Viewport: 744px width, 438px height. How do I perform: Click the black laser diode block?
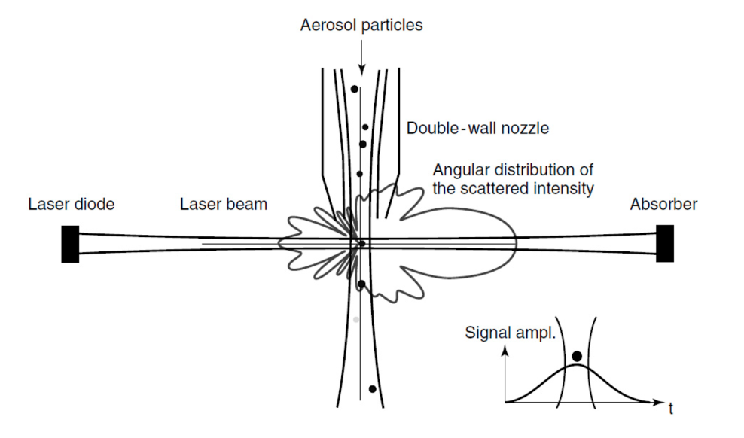pyautogui.click(x=70, y=243)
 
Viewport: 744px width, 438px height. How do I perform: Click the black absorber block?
pyautogui.click(x=664, y=242)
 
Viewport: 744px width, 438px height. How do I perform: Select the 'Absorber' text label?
pyautogui.click(x=665, y=204)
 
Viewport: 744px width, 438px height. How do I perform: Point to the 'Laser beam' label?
pyautogui.click(x=224, y=204)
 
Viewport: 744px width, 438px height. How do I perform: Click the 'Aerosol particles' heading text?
pyautogui.click(x=361, y=25)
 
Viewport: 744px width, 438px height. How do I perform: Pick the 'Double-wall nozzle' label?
pyautogui.click(x=477, y=128)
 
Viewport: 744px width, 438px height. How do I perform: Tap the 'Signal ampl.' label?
pyautogui.click(x=511, y=331)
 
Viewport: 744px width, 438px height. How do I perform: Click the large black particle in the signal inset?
pyautogui.click(x=577, y=356)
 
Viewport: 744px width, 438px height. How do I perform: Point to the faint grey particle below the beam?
pyautogui.click(x=356, y=320)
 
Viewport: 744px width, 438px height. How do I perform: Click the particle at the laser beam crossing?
pyautogui.click(x=362, y=243)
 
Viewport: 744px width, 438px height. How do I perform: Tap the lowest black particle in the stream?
pyautogui.click(x=372, y=389)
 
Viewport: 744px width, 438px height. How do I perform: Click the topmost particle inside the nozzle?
pyautogui.click(x=354, y=89)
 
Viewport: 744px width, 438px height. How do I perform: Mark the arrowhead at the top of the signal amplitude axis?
pyautogui.click(x=506, y=351)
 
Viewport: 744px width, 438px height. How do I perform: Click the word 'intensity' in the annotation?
pyautogui.click(x=564, y=188)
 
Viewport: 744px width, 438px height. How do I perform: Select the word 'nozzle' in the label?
pyautogui.click(x=526, y=128)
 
